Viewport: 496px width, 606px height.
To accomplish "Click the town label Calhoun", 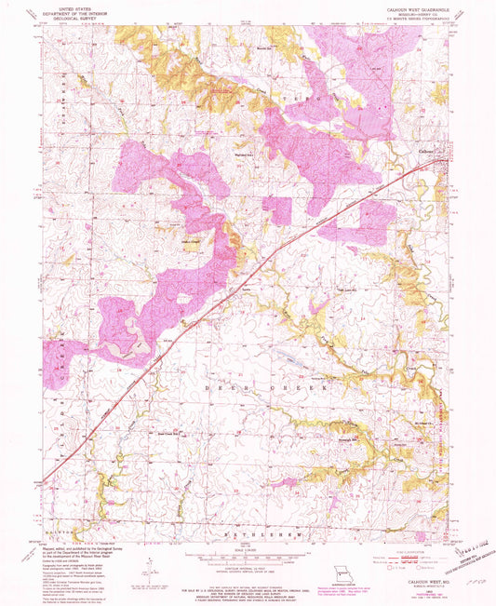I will coord(424,152).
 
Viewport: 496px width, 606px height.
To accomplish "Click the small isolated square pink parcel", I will coord(276,210).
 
